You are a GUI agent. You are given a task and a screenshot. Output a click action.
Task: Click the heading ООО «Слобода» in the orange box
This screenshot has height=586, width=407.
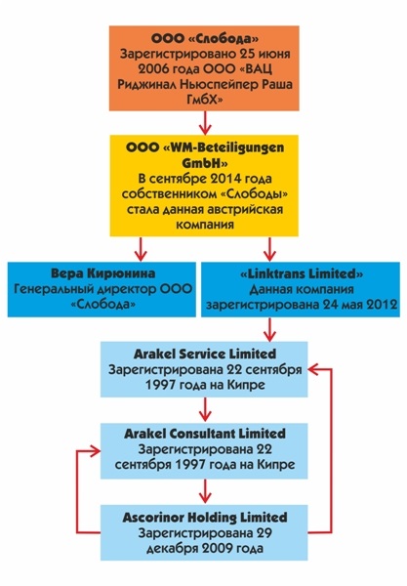point(205,38)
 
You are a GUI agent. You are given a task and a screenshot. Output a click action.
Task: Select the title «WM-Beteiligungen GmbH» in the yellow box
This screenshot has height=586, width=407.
point(205,155)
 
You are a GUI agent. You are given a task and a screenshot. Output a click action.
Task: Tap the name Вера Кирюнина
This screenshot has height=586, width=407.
point(102,273)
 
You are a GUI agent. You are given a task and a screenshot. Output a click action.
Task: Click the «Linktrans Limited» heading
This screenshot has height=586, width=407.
point(302,273)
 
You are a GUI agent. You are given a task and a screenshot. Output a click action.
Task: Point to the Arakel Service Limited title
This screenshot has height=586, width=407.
point(205,354)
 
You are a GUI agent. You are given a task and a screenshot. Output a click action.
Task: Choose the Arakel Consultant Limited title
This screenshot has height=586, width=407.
point(205,434)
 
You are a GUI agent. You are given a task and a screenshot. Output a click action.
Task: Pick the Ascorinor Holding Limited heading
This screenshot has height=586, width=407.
point(205,518)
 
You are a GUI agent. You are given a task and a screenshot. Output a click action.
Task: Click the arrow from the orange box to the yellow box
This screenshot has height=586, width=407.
point(205,123)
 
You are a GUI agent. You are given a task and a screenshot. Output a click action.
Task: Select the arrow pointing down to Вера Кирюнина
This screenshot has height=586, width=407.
point(141,249)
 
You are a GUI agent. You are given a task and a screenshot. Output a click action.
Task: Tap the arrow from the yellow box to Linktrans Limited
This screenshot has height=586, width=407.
point(269,249)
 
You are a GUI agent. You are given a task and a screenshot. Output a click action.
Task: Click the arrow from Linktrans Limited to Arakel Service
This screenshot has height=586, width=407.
point(269,329)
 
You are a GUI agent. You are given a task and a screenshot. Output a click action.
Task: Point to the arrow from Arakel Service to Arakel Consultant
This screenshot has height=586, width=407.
point(205,409)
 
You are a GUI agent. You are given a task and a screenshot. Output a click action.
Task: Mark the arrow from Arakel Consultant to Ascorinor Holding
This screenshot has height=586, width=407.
point(205,491)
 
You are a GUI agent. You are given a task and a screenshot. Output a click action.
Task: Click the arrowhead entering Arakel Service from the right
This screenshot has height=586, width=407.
point(313,369)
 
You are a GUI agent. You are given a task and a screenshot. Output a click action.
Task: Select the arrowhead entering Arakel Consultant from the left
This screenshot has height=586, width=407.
point(95,451)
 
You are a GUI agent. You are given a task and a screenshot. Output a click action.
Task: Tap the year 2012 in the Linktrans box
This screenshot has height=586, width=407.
point(382,305)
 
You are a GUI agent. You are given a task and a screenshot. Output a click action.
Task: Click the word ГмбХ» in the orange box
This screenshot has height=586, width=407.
point(205,100)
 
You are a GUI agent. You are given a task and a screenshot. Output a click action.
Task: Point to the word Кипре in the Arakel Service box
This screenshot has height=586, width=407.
point(247,385)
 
